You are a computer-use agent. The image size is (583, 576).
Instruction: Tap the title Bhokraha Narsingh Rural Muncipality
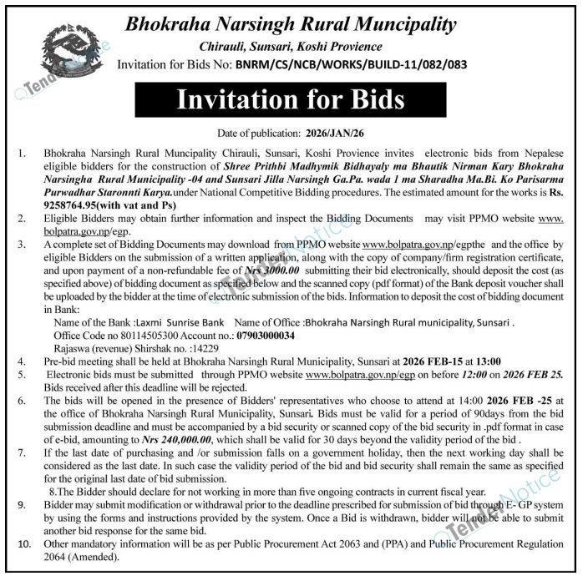[291, 23]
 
